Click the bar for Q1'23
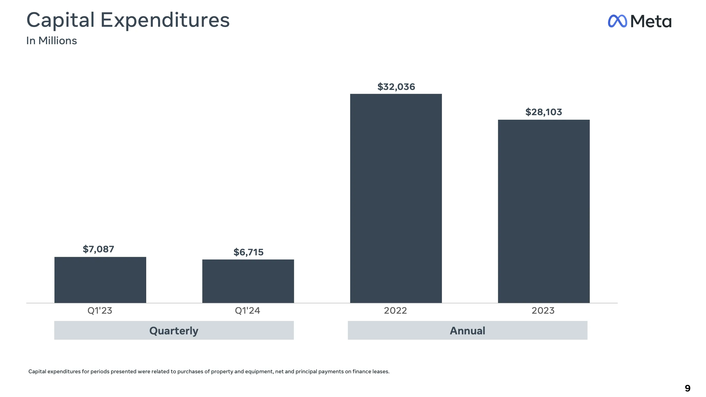coord(100,280)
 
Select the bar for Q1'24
coord(248,281)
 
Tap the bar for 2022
coord(396,198)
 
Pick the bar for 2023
coord(543,211)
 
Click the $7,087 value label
coord(98,249)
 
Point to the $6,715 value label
coord(248,252)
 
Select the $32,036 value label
coord(396,87)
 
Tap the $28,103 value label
coord(543,112)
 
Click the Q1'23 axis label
coord(100,310)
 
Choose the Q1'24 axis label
coord(247,310)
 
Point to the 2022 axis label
coord(395,310)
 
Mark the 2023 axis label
coord(543,310)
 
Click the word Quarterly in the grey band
coord(174,331)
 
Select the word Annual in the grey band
coord(467,331)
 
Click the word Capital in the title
coord(60,20)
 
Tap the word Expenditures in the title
coord(165,20)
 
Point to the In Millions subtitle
coord(52,41)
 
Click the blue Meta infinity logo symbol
coord(617,21)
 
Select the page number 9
coord(687,388)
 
